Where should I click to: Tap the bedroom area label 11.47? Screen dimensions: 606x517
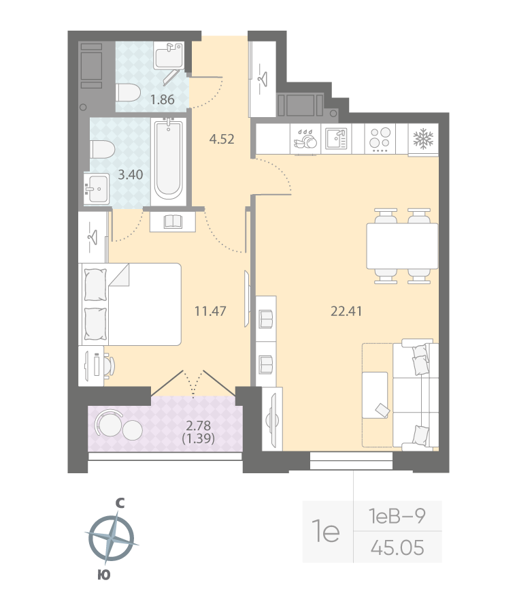[210, 312]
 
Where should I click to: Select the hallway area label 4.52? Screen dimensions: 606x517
[222, 140]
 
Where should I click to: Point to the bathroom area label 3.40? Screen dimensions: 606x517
[130, 174]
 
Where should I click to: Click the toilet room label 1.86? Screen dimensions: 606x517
[163, 99]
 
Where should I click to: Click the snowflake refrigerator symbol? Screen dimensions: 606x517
[424, 139]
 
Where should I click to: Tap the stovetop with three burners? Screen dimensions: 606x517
[380, 139]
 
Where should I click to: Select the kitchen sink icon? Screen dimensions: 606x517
[335, 139]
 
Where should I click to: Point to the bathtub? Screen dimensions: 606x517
[168, 160]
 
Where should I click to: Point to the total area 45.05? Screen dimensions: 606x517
[397, 547]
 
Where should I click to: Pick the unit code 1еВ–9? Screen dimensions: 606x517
[397, 517]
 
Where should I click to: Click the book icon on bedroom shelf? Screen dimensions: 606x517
[173, 221]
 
